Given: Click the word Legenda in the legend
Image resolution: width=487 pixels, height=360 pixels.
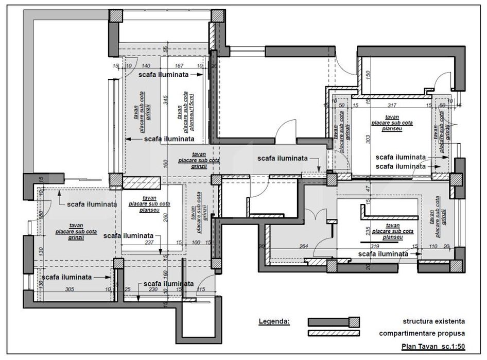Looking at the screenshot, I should point(274,321).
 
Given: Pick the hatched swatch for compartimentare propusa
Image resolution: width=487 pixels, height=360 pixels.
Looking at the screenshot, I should point(333,333).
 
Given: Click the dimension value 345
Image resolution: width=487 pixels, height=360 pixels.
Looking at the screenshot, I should point(166,100).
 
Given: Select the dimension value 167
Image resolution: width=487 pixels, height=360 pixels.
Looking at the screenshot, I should point(179,66).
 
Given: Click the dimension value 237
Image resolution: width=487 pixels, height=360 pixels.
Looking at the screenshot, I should point(149,243).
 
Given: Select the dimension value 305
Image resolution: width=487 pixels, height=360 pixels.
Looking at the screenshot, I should point(70,289).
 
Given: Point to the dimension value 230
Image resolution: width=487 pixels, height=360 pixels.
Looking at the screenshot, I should point(153,289).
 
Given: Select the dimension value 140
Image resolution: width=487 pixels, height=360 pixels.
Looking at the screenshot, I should point(146,66).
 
